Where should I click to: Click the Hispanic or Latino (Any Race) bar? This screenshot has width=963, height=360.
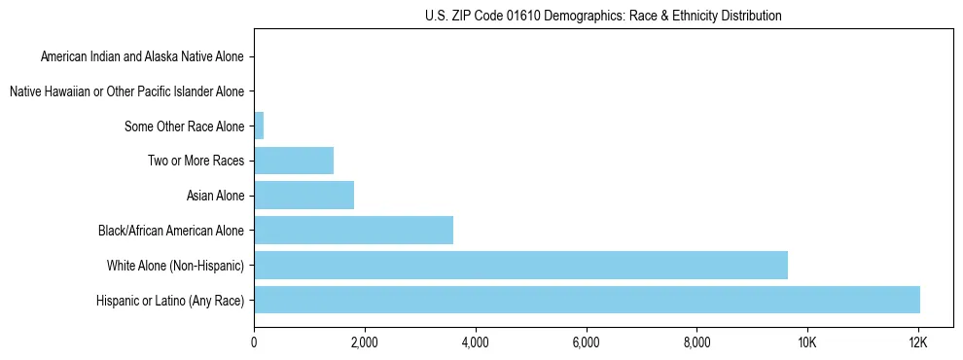tap(587, 300)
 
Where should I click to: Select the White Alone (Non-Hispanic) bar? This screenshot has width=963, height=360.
tap(520, 265)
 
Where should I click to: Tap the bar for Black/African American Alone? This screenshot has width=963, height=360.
tap(353, 231)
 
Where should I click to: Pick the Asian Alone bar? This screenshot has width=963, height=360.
tap(303, 196)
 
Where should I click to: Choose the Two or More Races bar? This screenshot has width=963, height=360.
tap(294, 161)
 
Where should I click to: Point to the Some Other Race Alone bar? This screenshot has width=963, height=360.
tap(259, 126)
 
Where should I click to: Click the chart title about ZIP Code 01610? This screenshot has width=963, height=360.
tap(603, 16)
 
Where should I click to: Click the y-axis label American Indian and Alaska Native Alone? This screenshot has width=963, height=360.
tap(143, 56)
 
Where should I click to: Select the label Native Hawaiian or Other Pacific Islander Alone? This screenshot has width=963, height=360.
tap(126, 91)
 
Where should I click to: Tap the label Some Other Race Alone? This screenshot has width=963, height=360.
tap(185, 126)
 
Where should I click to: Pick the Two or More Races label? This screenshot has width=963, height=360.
tap(196, 161)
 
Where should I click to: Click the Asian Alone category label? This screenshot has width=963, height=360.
tap(215, 196)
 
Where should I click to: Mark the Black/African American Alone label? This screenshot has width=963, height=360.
tap(171, 231)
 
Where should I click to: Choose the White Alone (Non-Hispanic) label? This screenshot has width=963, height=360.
tap(176, 265)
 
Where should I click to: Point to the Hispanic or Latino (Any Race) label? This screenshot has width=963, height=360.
tap(171, 300)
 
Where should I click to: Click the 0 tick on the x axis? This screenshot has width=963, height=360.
tap(254, 342)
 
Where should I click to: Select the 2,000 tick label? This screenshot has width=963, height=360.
tap(365, 342)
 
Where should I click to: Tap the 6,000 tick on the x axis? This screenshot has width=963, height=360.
tap(586, 342)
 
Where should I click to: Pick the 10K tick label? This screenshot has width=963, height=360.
tap(807, 342)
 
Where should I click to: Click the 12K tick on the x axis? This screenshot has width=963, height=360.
tap(917, 342)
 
